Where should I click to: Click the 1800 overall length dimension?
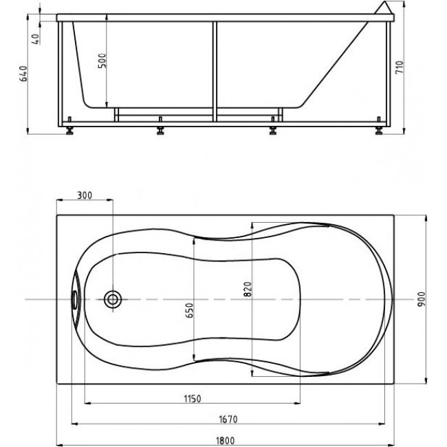(225, 441)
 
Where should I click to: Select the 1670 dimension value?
(228, 419)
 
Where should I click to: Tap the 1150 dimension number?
(193, 399)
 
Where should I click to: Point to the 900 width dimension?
(421, 299)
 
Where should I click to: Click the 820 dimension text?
(248, 289)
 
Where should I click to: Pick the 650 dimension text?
(189, 310)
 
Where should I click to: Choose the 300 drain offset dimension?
(85, 195)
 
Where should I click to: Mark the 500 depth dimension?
(102, 61)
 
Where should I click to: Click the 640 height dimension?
(23, 74)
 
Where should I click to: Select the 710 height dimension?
(400, 67)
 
